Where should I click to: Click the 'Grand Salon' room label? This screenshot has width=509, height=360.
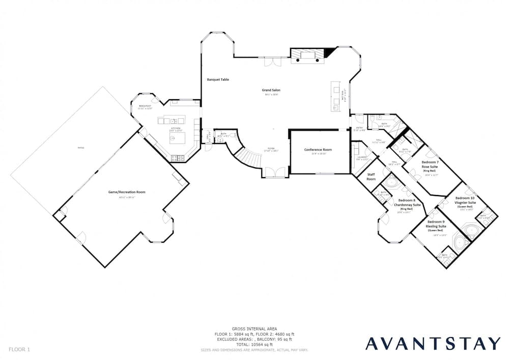[x=271, y=90]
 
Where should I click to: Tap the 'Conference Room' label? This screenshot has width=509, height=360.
[x=318, y=150]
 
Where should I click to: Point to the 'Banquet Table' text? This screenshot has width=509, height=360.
[x=218, y=80]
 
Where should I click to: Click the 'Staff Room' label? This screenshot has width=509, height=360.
[x=372, y=177]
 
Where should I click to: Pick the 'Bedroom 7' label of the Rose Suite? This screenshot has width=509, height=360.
[x=430, y=162]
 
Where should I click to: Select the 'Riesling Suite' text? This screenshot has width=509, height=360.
[x=436, y=227]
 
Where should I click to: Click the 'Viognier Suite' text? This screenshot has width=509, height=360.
[x=465, y=202]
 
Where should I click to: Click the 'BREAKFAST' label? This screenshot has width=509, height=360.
[x=145, y=106]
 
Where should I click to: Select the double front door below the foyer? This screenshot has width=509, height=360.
[x=274, y=172]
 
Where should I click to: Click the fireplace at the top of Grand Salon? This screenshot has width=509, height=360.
[x=306, y=56]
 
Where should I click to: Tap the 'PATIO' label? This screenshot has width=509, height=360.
[x=81, y=148]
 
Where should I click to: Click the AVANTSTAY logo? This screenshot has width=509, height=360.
[x=434, y=343]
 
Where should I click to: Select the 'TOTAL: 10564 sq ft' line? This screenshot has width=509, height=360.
[x=254, y=344]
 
